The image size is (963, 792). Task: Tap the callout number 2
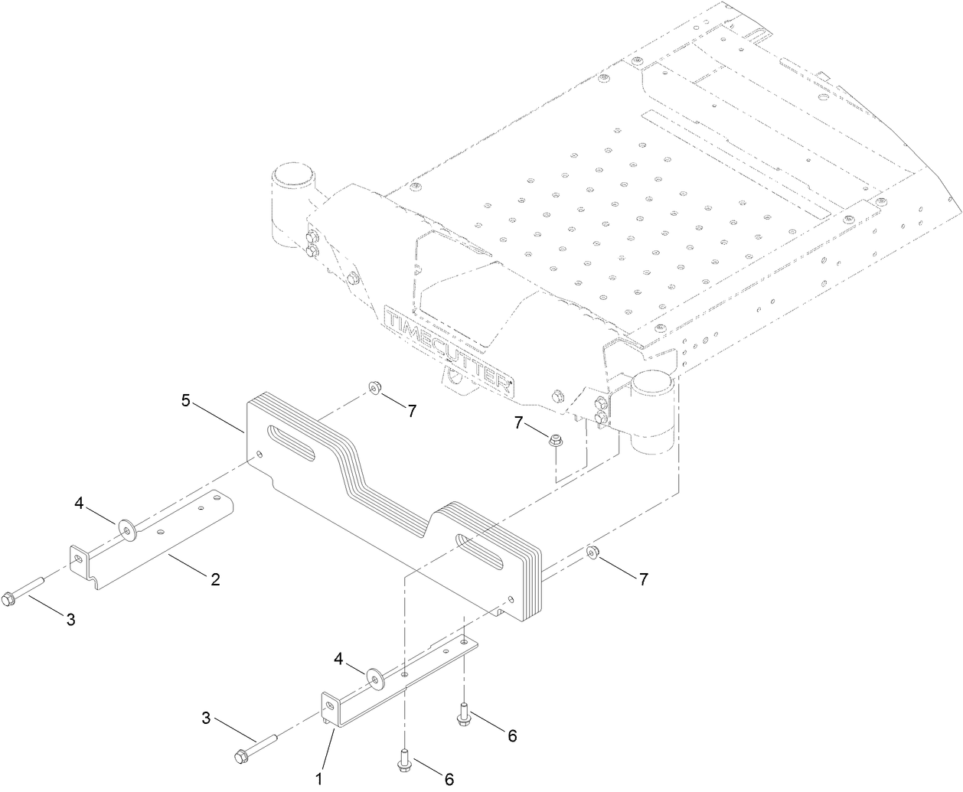(x=216, y=579)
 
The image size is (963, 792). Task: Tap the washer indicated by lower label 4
(x=375, y=676)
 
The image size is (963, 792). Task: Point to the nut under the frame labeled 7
(x=555, y=439)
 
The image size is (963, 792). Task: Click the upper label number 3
(x=70, y=620)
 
